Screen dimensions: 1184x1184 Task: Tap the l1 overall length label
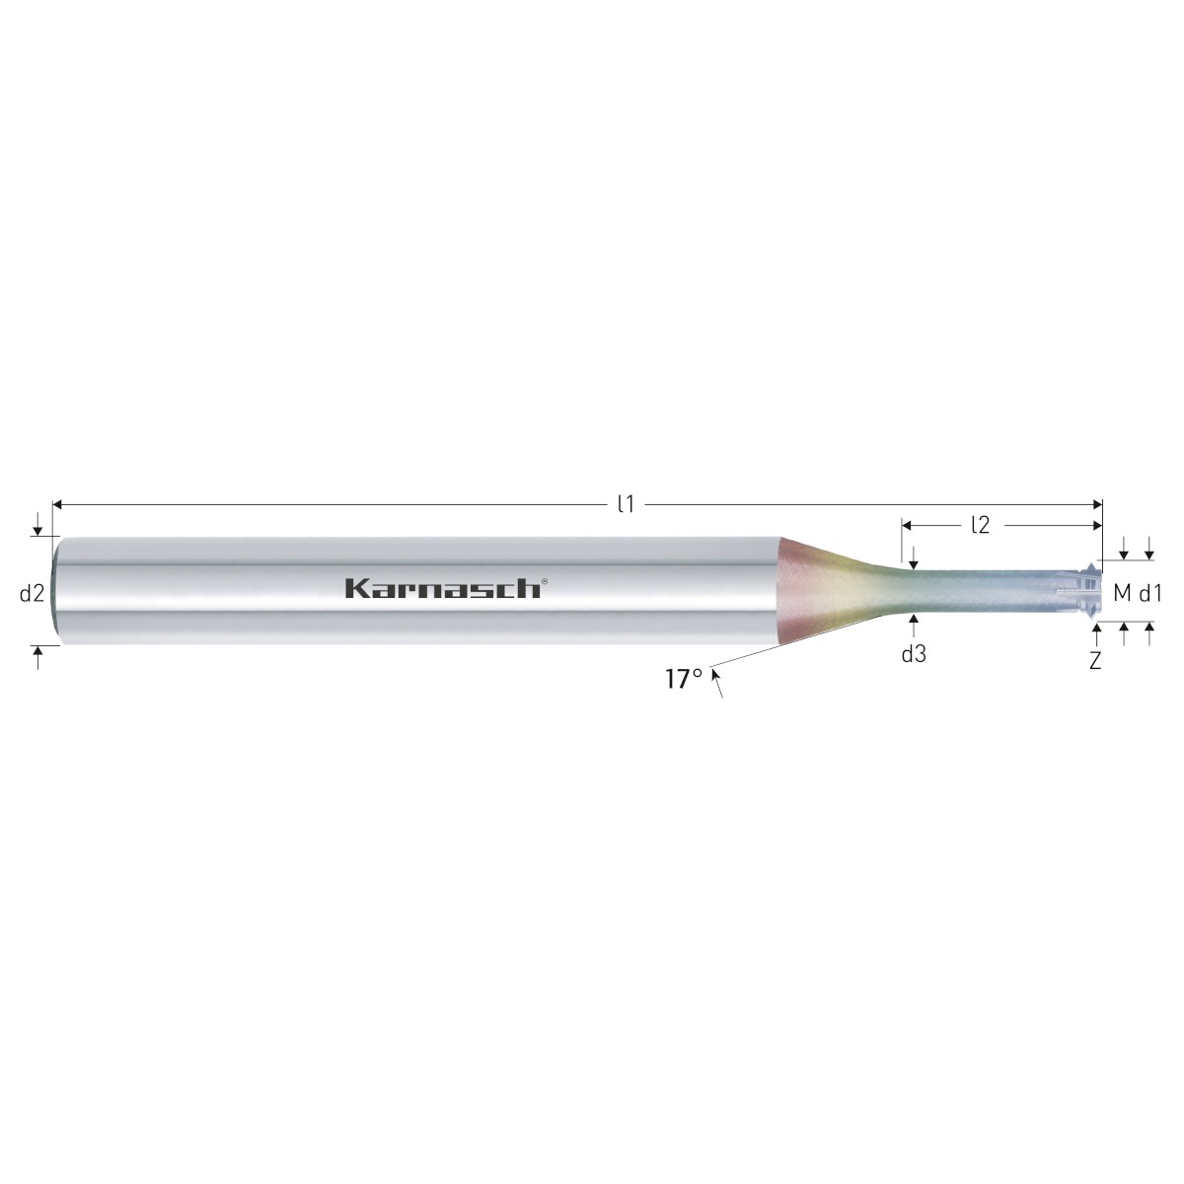point(626,504)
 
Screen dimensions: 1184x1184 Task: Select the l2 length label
point(981,525)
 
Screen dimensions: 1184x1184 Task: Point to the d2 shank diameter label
point(32,594)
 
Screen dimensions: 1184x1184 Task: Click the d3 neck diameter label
point(914,655)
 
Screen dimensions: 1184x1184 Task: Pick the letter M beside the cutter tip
point(1123,594)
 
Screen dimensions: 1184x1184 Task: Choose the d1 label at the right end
point(1150,594)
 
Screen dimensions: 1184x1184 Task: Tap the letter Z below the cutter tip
point(1095,661)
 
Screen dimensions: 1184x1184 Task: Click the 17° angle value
point(684,680)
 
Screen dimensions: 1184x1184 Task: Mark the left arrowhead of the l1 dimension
point(58,504)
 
